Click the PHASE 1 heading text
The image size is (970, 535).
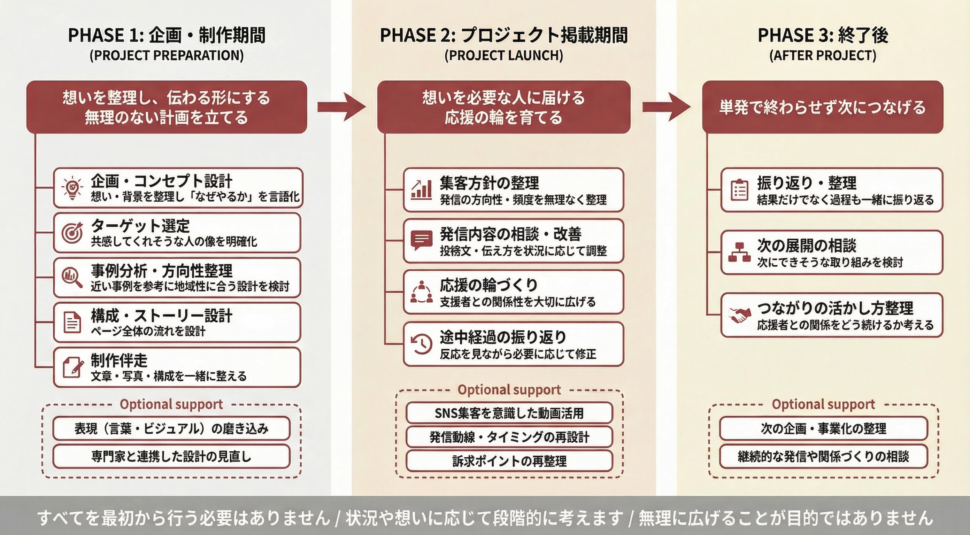click(167, 36)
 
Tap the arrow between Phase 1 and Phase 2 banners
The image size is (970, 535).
click(341, 107)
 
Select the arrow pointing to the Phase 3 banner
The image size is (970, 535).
click(666, 107)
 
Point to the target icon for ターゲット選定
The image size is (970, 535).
click(72, 233)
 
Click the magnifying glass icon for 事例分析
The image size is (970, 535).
click(72, 278)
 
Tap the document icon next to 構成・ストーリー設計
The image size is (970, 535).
click(72, 322)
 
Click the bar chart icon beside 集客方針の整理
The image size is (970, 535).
click(421, 190)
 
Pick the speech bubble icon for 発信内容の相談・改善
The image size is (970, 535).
click(421, 240)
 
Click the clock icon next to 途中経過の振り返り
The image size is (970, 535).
click(421, 344)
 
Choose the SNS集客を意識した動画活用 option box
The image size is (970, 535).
click(509, 413)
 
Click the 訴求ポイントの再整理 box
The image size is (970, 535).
click(509, 461)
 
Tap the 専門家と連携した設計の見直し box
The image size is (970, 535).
click(171, 456)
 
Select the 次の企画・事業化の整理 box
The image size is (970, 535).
click(823, 428)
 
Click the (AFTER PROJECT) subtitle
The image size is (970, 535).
click(823, 55)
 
